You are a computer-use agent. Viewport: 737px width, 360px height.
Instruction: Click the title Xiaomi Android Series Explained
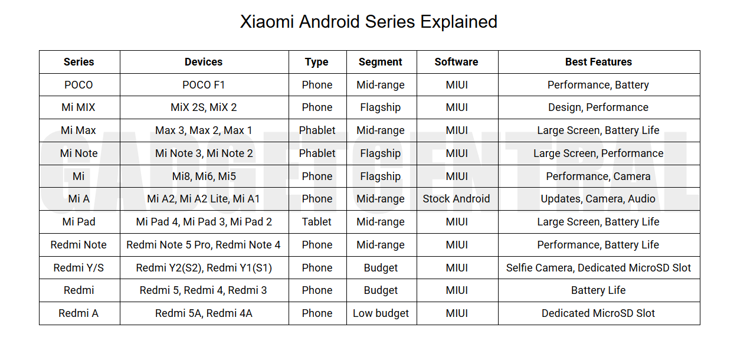tap(368, 22)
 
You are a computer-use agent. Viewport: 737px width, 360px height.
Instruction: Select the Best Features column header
tap(598, 62)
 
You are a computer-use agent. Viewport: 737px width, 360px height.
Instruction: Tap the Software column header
tap(456, 62)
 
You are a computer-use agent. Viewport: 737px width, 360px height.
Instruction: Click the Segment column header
tap(381, 62)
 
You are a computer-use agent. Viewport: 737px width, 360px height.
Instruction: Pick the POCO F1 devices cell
tap(204, 85)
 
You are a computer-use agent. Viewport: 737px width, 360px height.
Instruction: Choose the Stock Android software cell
tap(456, 199)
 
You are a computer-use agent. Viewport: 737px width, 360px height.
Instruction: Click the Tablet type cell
tap(317, 222)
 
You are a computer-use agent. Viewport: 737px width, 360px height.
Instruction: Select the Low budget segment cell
tap(381, 313)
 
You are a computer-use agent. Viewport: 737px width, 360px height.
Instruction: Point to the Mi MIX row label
tap(78, 107)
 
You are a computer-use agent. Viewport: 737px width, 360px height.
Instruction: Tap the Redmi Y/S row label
tap(78, 268)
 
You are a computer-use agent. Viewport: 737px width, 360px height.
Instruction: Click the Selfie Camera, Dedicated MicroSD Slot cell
tap(598, 268)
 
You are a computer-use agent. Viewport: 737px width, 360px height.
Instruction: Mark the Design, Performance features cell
tap(598, 107)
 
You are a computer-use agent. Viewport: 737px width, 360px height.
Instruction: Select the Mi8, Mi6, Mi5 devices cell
tap(204, 176)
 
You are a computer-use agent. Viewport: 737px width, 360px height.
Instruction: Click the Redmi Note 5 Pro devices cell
tap(204, 245)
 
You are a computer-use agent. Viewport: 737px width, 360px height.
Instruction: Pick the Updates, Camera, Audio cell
tap(598, 199)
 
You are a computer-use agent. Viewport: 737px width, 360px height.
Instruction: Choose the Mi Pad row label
tap(78, 222)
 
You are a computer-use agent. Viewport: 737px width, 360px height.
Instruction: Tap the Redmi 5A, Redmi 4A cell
tap(204, 313)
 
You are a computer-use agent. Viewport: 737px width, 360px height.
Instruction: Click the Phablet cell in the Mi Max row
tap(317, 130)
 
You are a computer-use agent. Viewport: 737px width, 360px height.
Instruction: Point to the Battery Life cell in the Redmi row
tap(598, 290)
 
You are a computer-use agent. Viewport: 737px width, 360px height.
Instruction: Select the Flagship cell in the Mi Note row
tap(381, 153)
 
